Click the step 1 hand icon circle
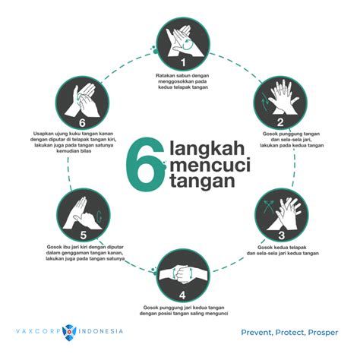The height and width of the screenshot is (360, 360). click(x=183, y=44)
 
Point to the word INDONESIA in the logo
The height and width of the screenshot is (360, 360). click(x=99, y=331)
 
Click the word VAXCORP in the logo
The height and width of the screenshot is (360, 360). click(x=39, y=331)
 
